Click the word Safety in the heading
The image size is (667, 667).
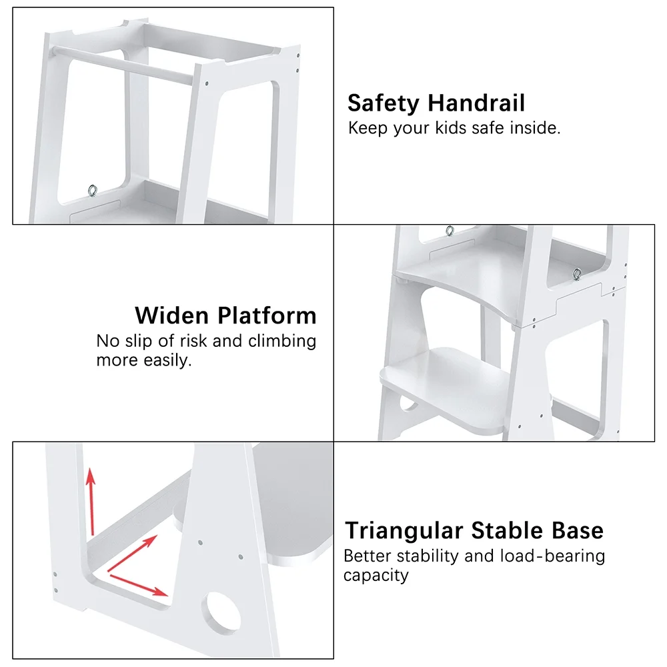[384, 103]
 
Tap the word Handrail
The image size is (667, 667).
[476, 103]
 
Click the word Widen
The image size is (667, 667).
[172, 315]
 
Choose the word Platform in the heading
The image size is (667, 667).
[267, 315]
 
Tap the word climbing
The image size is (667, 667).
[281, 342]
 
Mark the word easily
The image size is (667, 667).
[167, 360]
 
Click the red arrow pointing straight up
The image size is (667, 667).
[91, 502]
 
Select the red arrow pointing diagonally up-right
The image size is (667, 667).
[132, 553]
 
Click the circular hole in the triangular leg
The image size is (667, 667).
[221, 611]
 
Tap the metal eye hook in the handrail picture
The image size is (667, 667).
[92, 191]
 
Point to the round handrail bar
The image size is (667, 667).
[122, 65]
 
